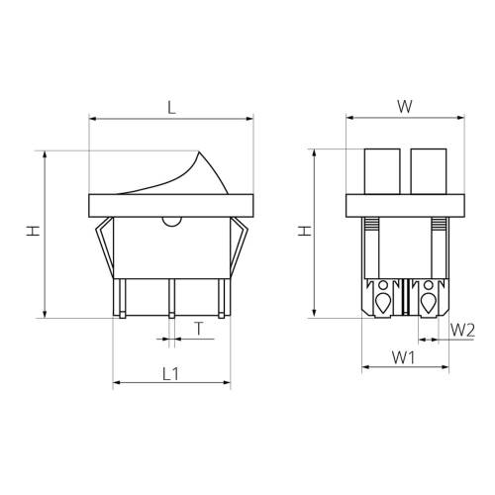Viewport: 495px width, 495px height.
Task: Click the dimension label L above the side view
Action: point(171,107)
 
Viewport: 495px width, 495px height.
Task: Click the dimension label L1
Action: point(171,373)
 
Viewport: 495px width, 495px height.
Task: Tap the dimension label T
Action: point(199,329)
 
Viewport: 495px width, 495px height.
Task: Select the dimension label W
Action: point(405,106)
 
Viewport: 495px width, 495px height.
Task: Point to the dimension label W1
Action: point(403,357)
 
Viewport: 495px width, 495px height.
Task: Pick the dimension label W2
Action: point(462,330)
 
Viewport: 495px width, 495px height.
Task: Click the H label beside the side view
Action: point(33,231)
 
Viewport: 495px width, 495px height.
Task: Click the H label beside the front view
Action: point(305,231)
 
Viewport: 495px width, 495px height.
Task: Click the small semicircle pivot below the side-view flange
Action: point(172,222)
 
